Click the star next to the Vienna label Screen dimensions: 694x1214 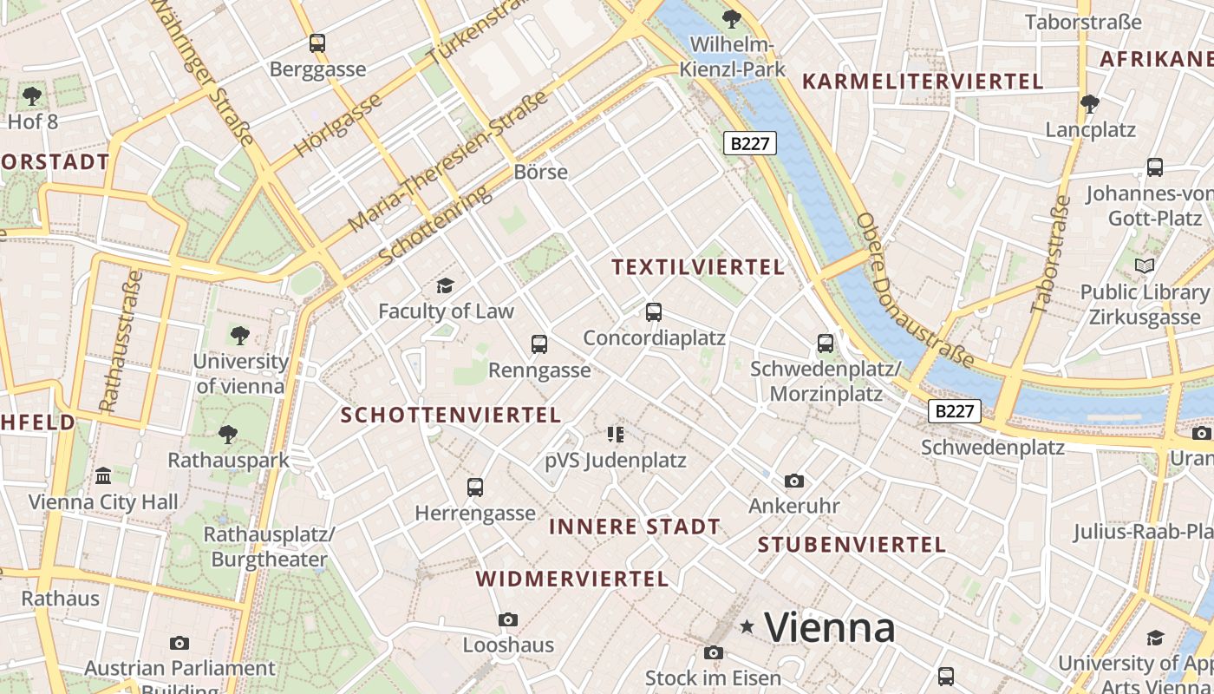747,626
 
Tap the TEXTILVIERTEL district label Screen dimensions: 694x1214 698,267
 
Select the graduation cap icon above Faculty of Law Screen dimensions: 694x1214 445,285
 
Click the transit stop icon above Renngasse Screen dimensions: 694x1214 539,344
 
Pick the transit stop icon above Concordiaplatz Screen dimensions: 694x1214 654,312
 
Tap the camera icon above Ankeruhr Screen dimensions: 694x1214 793,481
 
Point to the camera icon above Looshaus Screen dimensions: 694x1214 508,619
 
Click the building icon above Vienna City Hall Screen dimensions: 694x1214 103,475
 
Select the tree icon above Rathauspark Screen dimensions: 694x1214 228,434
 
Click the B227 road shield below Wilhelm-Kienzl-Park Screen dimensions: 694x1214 750,143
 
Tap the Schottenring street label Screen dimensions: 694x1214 435,225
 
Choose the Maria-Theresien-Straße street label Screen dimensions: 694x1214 449,162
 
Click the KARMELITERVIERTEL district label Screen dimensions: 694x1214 923,82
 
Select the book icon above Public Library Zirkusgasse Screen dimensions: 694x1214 1145,265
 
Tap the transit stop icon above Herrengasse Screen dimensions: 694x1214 475,488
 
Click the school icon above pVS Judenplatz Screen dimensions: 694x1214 616,434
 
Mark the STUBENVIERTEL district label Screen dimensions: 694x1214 852,545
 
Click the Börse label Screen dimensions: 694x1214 541,172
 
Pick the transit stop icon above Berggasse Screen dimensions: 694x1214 317,43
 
